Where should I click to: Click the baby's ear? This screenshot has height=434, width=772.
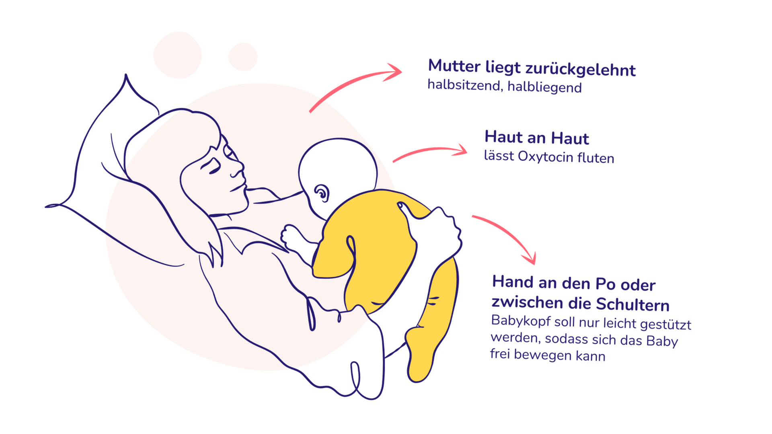322,194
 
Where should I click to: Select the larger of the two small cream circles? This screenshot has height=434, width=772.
177,55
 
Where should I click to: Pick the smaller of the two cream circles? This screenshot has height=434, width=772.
243,57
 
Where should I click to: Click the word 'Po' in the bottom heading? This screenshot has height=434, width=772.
606,284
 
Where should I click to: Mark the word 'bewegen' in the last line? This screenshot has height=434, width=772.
543,356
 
